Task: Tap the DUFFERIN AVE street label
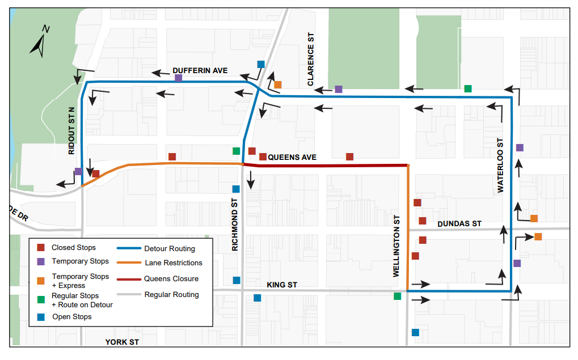click(200, 71)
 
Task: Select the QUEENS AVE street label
click(292, 157)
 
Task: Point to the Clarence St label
click(310, 59)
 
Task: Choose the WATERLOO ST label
click(500, 166)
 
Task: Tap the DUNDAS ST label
click(459, 224)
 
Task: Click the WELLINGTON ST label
click(397, 246)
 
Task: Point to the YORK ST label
click(122, 342)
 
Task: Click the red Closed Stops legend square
click(41, 248)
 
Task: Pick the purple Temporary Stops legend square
click(41, 262)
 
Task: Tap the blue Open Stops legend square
click(41, 316)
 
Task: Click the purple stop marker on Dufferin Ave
click(179, 78)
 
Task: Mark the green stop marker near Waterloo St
click(468, 88)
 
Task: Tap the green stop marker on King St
click(397, 296)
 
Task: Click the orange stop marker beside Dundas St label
click(534, 218)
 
